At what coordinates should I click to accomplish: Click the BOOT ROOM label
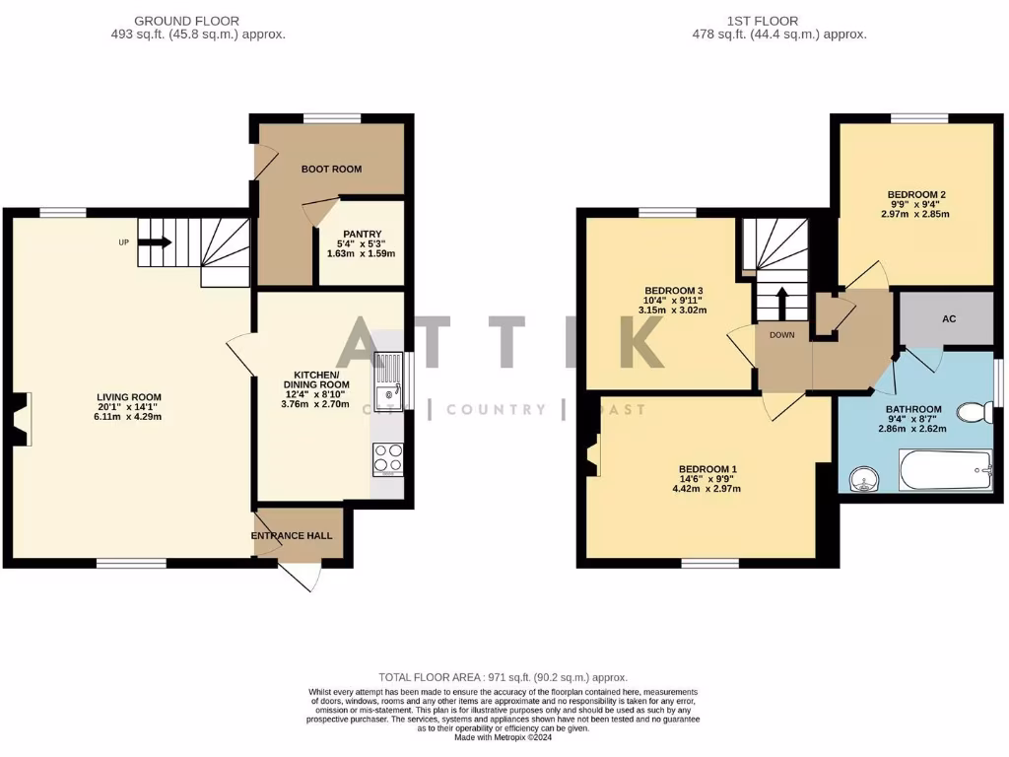click(331, 170)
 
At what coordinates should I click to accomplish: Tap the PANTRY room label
click(361, 234)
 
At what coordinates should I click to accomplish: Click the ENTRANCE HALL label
click(292, 535)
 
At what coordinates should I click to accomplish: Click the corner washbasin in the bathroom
click(864, 480)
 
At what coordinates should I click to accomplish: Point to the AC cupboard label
click(949, 319)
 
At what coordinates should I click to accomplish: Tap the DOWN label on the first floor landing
click(782, 335)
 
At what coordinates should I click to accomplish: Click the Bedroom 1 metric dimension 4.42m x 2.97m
click(706, 489)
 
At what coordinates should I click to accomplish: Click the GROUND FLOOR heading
click(186, 21)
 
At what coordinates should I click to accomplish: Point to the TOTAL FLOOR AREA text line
click(504, 677)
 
